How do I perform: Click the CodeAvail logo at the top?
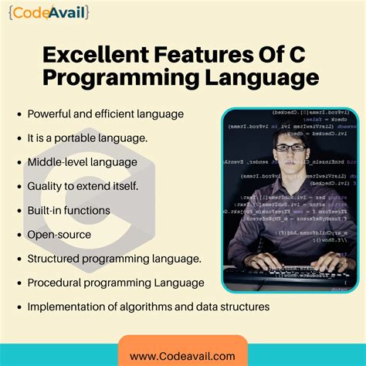tap(49, 12)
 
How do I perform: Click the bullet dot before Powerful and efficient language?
tap(17, 114)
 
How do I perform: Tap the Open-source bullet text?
tap(59, 234)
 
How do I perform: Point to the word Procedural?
tap(56, 283)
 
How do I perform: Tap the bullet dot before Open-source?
tap(17, 234)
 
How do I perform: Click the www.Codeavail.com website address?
tap(183, 356)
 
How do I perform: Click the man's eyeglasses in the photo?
tap(289, 148)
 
